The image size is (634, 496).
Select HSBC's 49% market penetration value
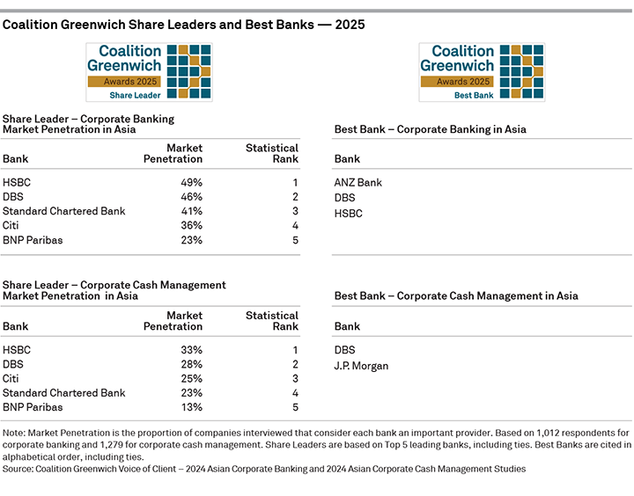[191, 182]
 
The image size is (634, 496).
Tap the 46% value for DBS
[191, 197]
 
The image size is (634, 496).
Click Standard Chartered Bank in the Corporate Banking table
[64, 211]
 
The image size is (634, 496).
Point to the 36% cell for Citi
[191, 226]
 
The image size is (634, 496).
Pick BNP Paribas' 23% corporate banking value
[191, 240]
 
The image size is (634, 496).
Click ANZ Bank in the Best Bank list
[358, 183]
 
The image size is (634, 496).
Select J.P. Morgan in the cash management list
[361, 365]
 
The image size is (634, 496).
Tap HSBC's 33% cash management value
[191, 349]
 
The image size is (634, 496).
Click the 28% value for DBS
[191, 364]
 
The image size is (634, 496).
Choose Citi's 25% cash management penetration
[191, 378]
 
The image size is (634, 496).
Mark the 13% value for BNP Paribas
[191, 407]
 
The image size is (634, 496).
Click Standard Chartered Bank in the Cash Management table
[64, 393]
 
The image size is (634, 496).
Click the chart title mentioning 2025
[183, 25]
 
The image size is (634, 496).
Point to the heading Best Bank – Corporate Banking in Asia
[430, 129]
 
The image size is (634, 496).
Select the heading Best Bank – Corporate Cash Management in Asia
[456, 296]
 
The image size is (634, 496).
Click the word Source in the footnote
[18, 470]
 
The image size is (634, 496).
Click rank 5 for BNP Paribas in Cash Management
[295, 407]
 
